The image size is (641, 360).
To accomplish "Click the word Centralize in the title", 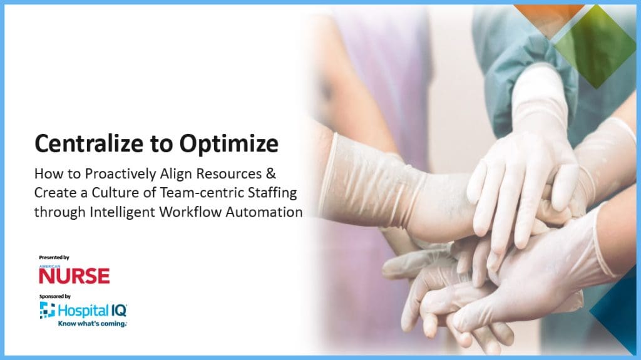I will pos(85,144).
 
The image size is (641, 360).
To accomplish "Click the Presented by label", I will pos(54,257).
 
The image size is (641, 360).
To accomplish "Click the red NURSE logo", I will pos(74,275).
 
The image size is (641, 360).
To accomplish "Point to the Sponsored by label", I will pos(54,296).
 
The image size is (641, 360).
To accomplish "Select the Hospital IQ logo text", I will pos(93,310).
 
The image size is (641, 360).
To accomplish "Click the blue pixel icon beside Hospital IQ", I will pos(47,310).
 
